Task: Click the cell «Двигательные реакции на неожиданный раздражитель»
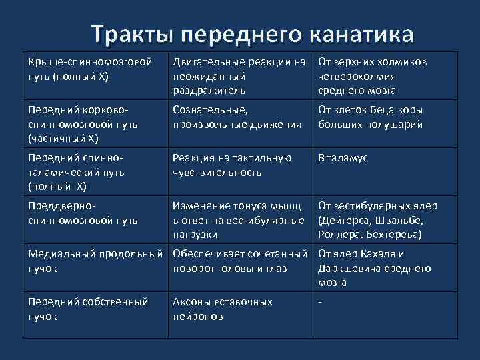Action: click(x=239, y=76)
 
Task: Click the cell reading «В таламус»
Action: click(x=343, y=158)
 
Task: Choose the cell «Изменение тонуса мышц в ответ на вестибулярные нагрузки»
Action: click(x=239, y=220)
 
